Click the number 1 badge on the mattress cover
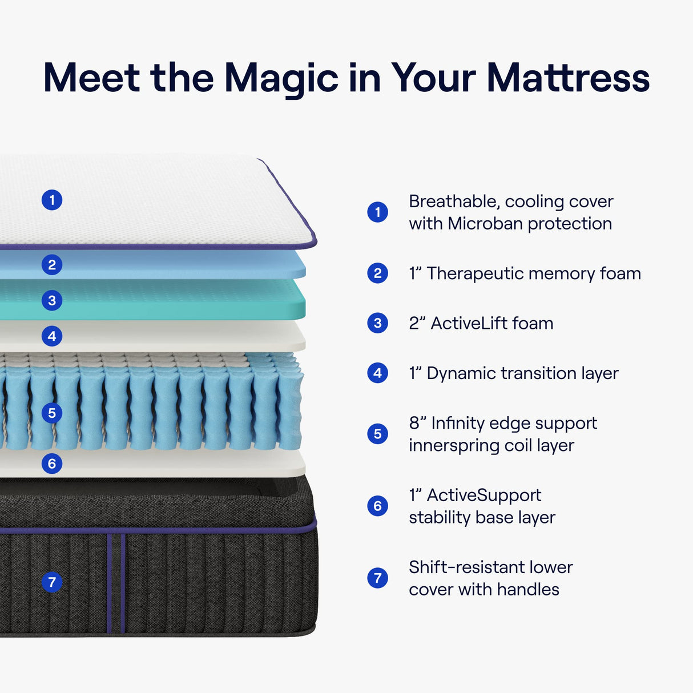[52, 200]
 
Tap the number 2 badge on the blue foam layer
[52, 265]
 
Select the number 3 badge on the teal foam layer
[52, 300]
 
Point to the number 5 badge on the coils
[52, 413]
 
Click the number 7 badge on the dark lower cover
[52, 582]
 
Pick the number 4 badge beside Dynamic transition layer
[377, 373]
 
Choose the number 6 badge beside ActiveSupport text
[377, 506]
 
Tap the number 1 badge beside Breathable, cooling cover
[377, 212]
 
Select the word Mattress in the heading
[568, 78]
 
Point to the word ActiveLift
[469, 324]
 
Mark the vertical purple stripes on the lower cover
[116, 582]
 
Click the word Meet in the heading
[92, 78]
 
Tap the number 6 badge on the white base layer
[52, 463]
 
